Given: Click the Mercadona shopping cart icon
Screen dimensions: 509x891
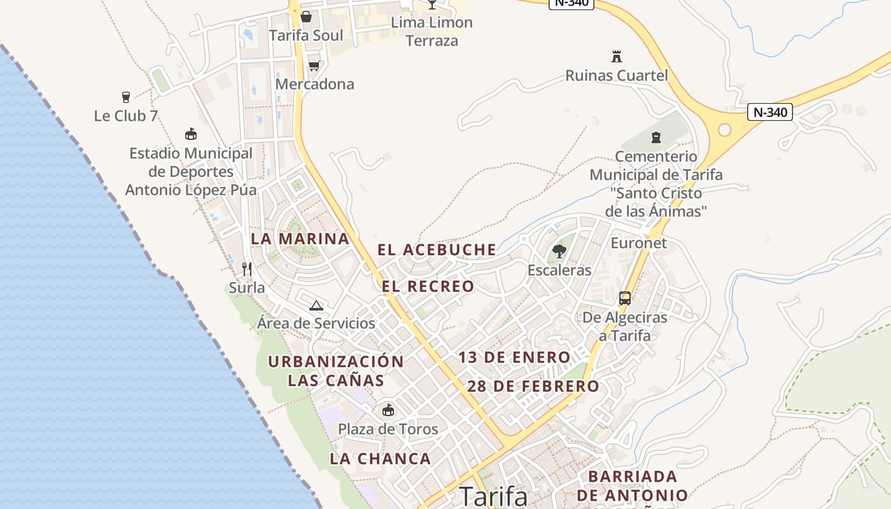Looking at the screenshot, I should click(314, 66).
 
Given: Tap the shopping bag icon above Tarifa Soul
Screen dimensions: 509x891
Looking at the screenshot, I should click(306, 17).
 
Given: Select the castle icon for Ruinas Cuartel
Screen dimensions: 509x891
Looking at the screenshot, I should click(616, 57).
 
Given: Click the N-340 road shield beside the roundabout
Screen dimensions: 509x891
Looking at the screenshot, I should click(770, 113).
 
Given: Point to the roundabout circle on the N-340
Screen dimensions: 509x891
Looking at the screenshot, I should click(724, 130).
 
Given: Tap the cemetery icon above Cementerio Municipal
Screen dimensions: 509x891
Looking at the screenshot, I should click(656, 137).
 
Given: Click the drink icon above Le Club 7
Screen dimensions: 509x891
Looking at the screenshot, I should click(125, 97).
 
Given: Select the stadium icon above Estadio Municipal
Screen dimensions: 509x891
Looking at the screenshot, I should click(190, 134).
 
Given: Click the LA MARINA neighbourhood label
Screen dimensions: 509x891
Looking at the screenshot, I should click(300, 239).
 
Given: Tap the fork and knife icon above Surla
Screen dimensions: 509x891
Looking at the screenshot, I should click(247, 269).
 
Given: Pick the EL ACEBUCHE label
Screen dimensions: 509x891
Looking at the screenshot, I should click(437, 250).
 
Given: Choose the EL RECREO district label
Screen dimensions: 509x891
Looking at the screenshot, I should click(428, 287).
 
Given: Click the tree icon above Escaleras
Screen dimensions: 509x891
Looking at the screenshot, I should click(559, 251).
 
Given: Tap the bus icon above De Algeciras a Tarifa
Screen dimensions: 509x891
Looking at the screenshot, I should click(625, 298).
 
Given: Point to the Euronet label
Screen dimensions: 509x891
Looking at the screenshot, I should click(639, 243).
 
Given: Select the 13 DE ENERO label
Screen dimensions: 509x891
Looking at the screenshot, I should click(514, 358).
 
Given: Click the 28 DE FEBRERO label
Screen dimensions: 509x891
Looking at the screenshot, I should click(533, 386).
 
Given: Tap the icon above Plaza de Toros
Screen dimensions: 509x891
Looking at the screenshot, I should click(388, 410).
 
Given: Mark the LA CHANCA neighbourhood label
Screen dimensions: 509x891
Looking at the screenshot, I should click(381, 459).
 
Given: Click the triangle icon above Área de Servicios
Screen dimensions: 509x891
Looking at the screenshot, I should click(316, 305).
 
